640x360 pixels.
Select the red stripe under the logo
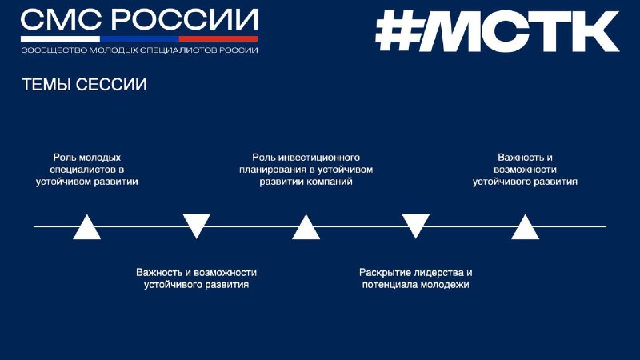218,38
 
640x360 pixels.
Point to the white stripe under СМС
61,38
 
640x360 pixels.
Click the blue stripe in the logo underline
139,38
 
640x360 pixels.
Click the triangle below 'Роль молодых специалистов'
87,229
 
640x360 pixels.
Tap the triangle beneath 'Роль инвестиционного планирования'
306,229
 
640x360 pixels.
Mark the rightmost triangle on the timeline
526,229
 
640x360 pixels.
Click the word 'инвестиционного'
318,158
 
